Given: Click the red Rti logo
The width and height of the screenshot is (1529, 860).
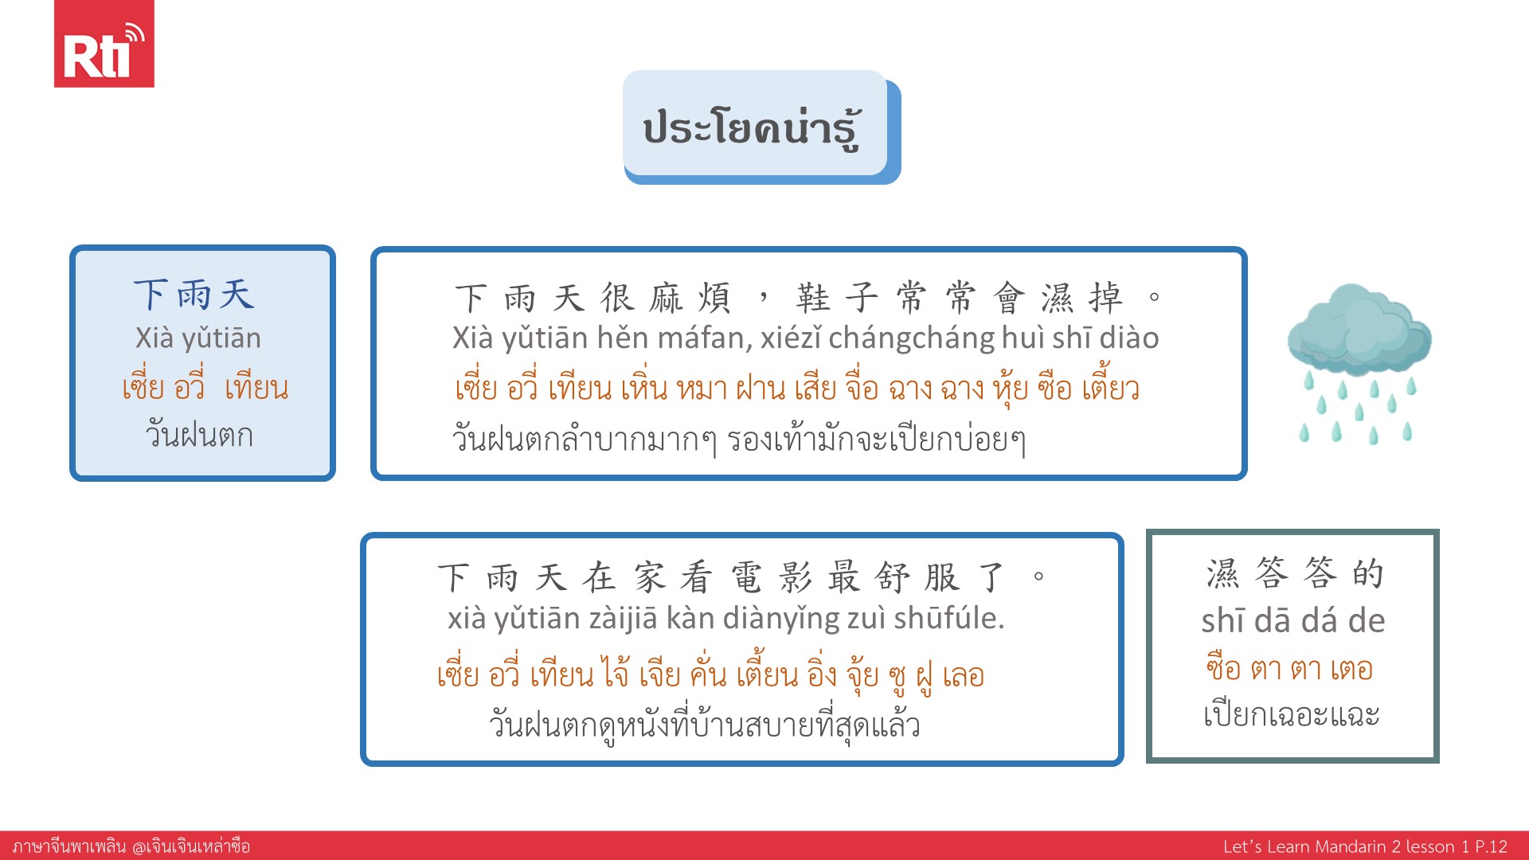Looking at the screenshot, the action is coord(104,43).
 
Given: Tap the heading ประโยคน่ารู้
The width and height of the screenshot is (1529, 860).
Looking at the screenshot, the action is coord(753,128).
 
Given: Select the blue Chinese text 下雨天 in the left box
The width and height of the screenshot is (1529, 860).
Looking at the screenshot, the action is coord(194,295).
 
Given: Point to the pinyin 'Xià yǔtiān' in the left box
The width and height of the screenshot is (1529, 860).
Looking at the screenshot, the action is coord(198,338).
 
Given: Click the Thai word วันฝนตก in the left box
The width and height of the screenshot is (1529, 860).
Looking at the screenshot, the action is coord(199,435).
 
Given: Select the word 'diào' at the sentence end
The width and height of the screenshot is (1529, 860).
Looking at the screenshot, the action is coord(1129,338).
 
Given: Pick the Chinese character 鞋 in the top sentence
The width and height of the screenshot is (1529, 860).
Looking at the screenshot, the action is coord(813,298).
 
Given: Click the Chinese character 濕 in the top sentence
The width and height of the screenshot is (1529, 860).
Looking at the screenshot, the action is coord(1058,298).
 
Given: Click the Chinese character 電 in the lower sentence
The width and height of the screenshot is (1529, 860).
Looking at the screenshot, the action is coord(746,577).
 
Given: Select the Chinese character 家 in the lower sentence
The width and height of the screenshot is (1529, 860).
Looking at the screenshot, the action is coord(649,577).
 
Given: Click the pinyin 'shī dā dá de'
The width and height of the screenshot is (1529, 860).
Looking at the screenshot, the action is coord(1293,621).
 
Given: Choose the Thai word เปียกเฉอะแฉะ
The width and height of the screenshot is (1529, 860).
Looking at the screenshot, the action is coord(1292,714).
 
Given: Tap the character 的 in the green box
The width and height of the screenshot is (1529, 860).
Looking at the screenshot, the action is coord(1368,573).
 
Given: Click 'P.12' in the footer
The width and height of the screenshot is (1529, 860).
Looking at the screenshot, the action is coord(1492,846).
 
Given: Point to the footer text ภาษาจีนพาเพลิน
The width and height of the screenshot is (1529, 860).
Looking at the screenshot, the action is coord(69,846).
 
